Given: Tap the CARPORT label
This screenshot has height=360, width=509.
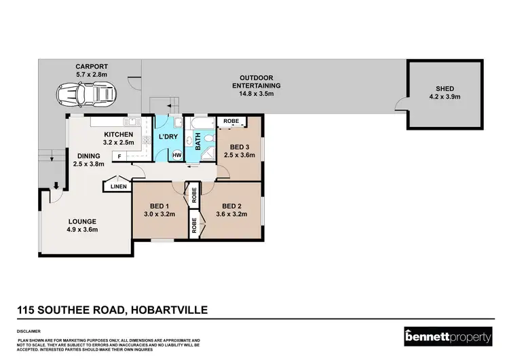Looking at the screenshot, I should coord(91,67).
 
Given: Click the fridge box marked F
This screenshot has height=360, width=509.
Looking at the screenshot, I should coord(119,157).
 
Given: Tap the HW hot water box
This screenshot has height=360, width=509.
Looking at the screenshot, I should coord(176,156).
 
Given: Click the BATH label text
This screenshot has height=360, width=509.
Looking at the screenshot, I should coord(198,142).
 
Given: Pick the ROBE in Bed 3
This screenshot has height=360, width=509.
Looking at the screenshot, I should coord(231,122).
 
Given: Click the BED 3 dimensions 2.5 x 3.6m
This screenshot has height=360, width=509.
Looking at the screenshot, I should coord(240,155).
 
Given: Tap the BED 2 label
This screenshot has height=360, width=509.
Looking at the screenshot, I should coord(232,206).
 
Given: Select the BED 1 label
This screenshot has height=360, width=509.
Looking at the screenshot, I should coord(159,206).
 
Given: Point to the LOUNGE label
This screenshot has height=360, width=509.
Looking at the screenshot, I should coord(81,221).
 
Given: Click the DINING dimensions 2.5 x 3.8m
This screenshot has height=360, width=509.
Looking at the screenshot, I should coord(90,163).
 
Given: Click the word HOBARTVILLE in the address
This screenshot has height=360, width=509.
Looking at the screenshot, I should coord(167,310).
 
